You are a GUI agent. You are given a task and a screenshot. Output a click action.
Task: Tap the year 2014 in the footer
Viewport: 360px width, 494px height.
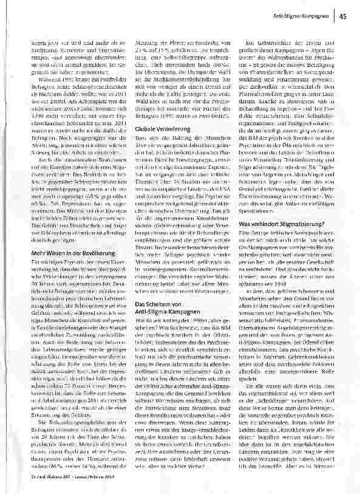[x=112, y=479]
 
